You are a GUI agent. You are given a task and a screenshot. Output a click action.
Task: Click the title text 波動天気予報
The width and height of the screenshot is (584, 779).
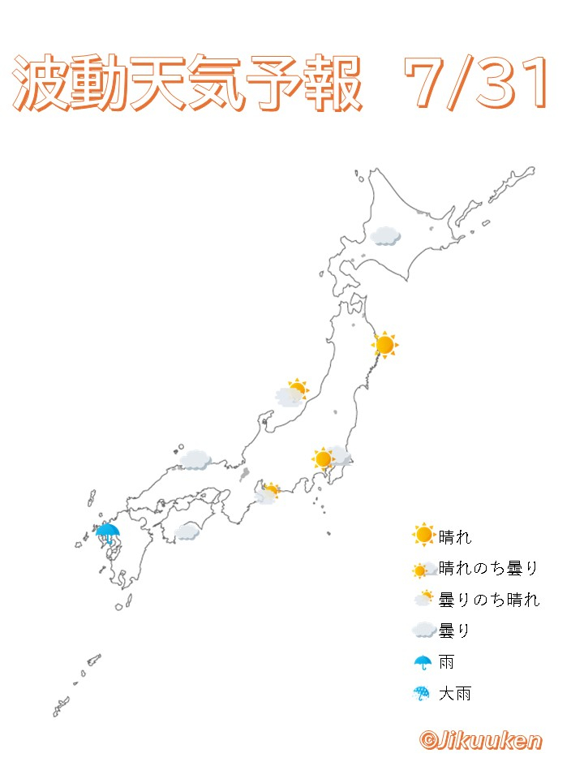click(x=187, y=85)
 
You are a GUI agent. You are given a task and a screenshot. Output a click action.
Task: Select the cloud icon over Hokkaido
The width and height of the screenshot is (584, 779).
click(x=384, y=235)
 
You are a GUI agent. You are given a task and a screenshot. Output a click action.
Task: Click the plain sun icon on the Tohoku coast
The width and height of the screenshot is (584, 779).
click(x=384, y=345)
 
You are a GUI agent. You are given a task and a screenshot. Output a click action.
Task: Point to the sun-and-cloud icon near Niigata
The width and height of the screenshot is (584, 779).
click(x=292, y=394)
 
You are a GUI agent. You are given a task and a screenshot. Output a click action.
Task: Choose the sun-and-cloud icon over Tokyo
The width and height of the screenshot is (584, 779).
click(x=329, y=458)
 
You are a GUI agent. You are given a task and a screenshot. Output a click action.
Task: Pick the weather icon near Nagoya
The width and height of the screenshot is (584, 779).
click(x=267, y=493)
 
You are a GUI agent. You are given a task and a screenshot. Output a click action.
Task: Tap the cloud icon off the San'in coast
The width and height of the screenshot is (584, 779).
click(x=195, y=460)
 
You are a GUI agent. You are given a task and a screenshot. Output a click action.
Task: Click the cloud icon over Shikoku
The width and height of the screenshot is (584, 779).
click(x=187, y=532)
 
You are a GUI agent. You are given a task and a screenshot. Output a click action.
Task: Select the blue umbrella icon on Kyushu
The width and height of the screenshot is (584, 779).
click(x=107, y=534)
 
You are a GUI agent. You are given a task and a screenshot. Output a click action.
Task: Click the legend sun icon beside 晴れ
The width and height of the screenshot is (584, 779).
click(x=423, y=536)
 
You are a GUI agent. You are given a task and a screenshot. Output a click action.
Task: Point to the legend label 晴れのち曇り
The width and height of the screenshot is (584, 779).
click(x=488, y=568)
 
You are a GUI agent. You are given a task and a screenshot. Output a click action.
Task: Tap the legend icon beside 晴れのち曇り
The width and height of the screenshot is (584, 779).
click(x=423, y=569)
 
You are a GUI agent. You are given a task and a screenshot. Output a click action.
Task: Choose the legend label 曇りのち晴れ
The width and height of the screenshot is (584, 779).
click(x=488, y=600)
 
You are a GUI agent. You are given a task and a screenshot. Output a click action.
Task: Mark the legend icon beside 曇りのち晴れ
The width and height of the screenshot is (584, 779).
click(x=423, y=599)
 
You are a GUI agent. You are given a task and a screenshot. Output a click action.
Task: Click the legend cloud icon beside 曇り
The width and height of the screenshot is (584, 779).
click(x=423, y=631)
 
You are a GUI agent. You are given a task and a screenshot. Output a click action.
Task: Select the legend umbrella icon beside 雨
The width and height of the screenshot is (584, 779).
click(x=423, y=662)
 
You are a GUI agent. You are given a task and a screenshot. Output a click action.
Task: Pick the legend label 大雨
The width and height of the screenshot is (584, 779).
click(x=454, y=694)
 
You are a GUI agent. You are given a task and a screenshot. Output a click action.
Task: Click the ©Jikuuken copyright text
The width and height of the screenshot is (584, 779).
click(x=480, y=739)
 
